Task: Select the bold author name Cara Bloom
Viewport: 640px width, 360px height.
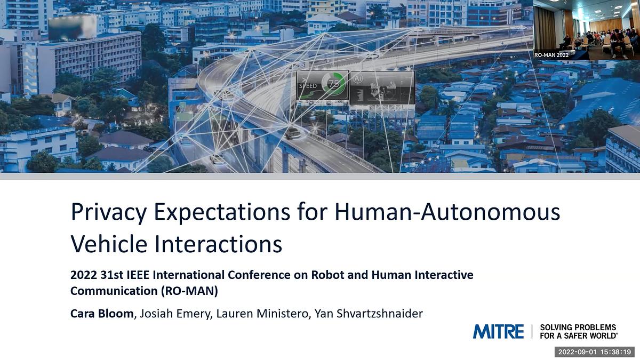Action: (x=102, y=314)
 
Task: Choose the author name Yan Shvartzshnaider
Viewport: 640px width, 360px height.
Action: (x=369, y=314)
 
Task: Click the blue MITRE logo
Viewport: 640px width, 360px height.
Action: (x=498, y=331)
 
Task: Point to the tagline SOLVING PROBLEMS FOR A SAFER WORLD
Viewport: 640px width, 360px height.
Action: (x=578, y=331)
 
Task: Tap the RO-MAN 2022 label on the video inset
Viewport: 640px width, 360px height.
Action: (x=551, y=54)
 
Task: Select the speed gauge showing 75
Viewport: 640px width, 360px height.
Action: (x=334, y=84)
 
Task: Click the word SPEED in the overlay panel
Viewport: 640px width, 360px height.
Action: (x=308, y=85)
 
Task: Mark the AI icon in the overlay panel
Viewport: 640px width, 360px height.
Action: (x=358, y=78)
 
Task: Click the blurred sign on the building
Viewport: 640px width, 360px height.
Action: (x=72, y=27)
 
